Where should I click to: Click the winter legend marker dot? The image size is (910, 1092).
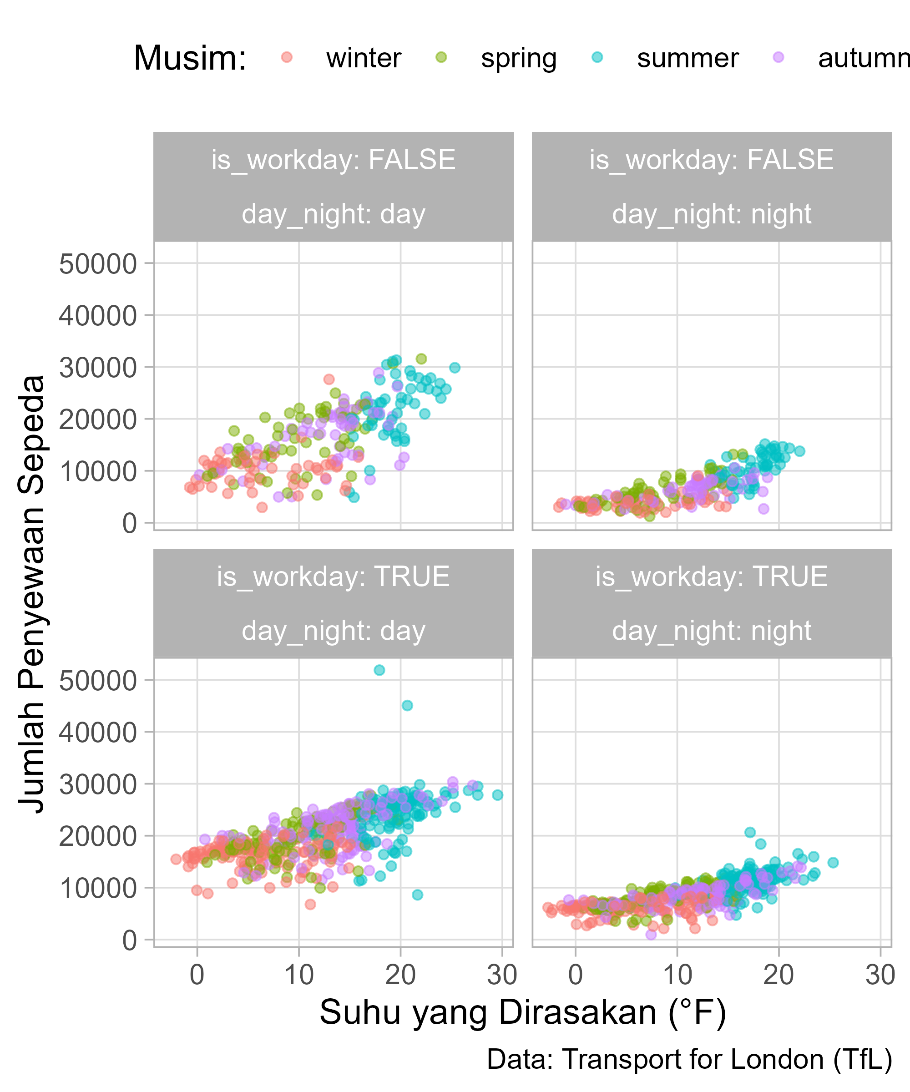[x=286, y=57]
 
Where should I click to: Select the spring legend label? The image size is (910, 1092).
[x=518, y=58]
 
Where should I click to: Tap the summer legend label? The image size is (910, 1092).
[x=688, y=58]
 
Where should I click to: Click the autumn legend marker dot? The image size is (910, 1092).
[x=779, y=57]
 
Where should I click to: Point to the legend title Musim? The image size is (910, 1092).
[x=190, y=58]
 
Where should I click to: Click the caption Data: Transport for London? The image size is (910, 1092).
[x=689, y=1060]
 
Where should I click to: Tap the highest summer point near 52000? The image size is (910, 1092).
[x=379, y=670]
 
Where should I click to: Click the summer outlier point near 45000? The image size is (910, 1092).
[x=407, y=705]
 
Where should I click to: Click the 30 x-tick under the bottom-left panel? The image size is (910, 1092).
[x=502, y=975]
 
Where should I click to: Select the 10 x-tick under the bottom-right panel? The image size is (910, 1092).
[x=677, y=975]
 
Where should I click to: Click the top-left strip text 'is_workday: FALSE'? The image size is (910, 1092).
[x=334, y=160]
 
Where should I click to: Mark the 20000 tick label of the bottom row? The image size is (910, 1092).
[x=98, y=837]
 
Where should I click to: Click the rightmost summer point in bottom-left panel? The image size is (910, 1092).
[x=498, y=794]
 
